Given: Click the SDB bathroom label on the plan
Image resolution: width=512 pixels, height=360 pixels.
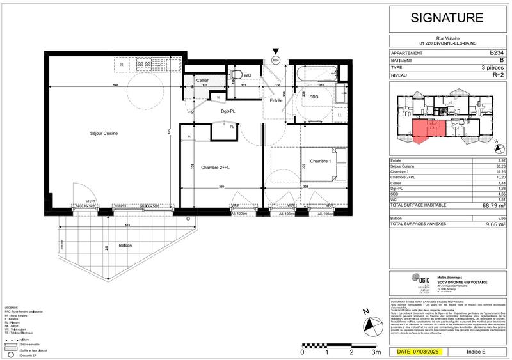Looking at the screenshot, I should pos(314,97).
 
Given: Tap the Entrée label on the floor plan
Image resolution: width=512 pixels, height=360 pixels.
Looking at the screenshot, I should pos(275,101).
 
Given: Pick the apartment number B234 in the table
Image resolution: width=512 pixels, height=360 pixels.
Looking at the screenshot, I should pos(497,53).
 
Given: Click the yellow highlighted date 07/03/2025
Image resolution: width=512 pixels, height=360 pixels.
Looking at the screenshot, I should pos(420,352).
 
